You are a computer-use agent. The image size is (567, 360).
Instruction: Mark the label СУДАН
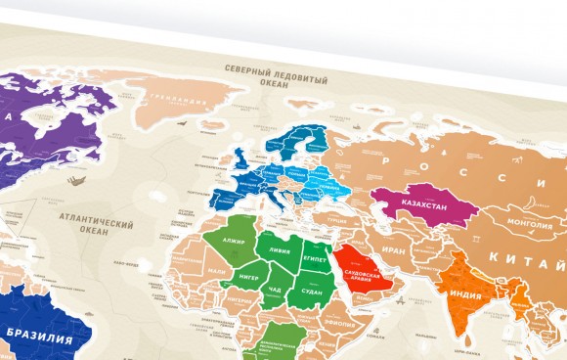313,292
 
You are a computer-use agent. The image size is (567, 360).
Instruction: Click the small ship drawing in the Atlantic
70,179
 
